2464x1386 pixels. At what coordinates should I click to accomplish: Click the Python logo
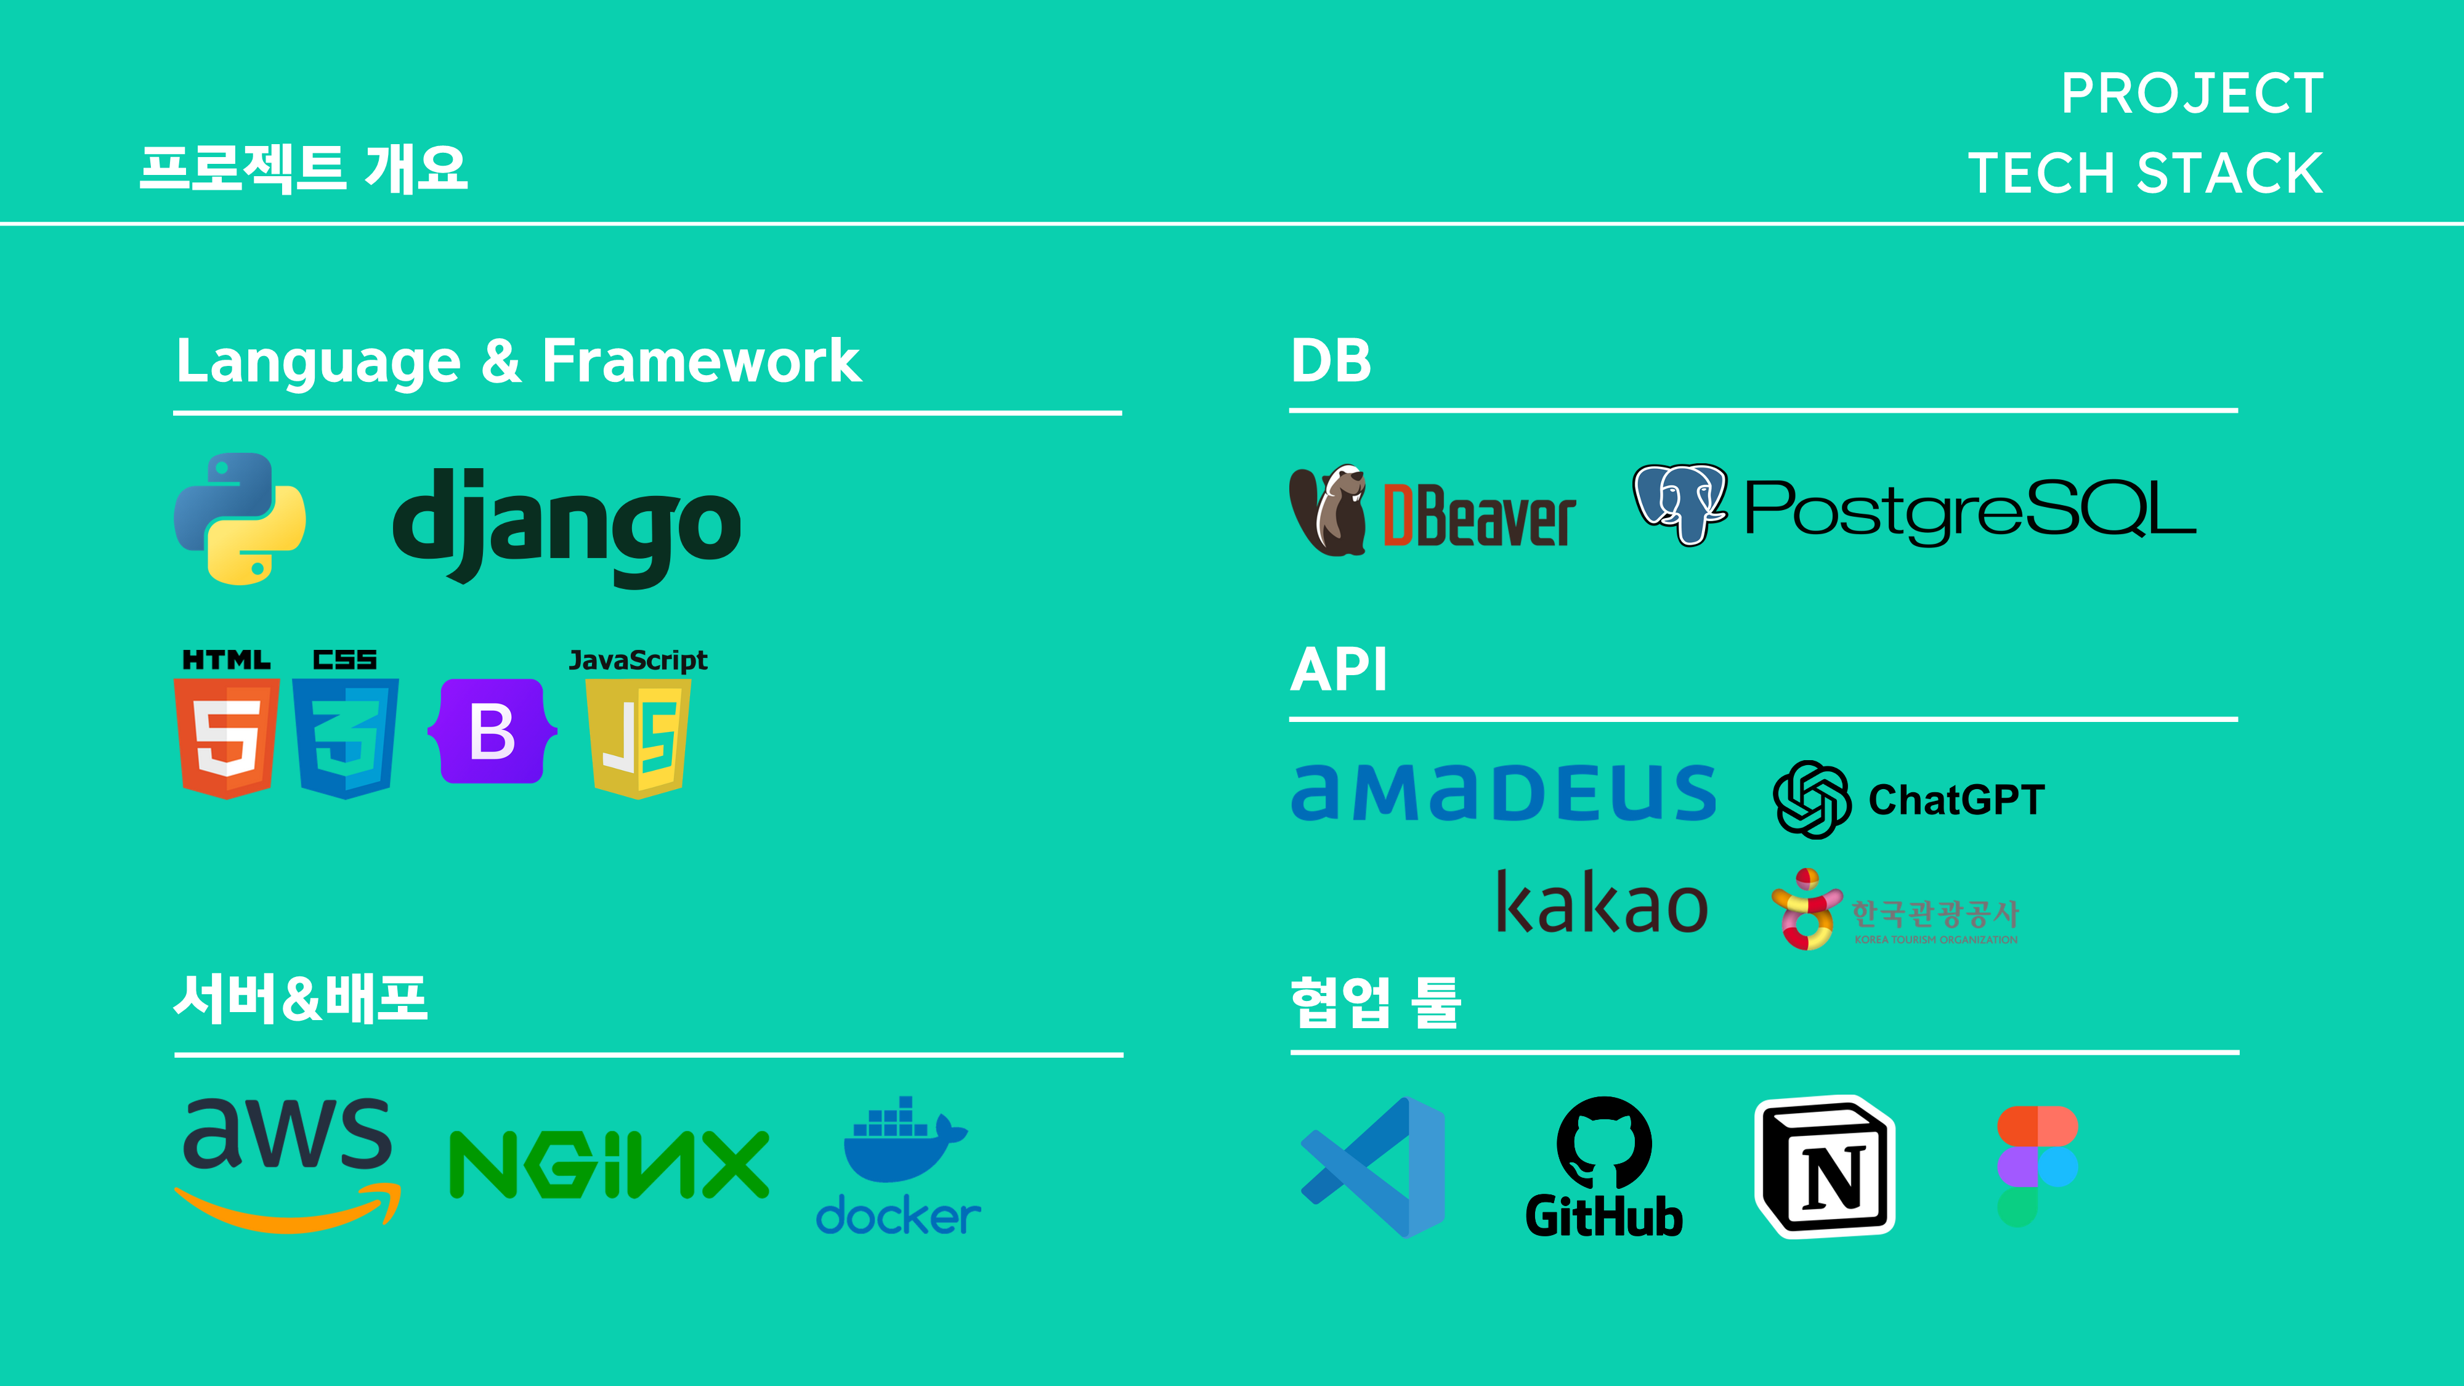[x=240, y=519]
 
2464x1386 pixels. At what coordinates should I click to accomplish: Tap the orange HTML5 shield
[x=227, y=737]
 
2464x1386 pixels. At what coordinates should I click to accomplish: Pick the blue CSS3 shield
[x=346, y=737]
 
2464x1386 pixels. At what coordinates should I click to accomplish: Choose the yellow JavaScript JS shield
[x=639, y=737]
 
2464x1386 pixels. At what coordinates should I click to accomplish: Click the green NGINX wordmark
[x=609, y=1164]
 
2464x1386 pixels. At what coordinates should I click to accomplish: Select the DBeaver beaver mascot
[x=1327, y=511]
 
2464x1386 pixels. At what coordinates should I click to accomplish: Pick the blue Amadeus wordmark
[x=1504, y=792]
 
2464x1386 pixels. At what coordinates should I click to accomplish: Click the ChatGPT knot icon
[x=1812, y=800]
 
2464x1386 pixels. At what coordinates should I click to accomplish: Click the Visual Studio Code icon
[x=1374, y=1167]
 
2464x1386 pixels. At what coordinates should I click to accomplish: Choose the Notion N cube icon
[x=1825, y=1167]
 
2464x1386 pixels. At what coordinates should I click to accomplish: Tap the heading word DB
[x=1331, y=360]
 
